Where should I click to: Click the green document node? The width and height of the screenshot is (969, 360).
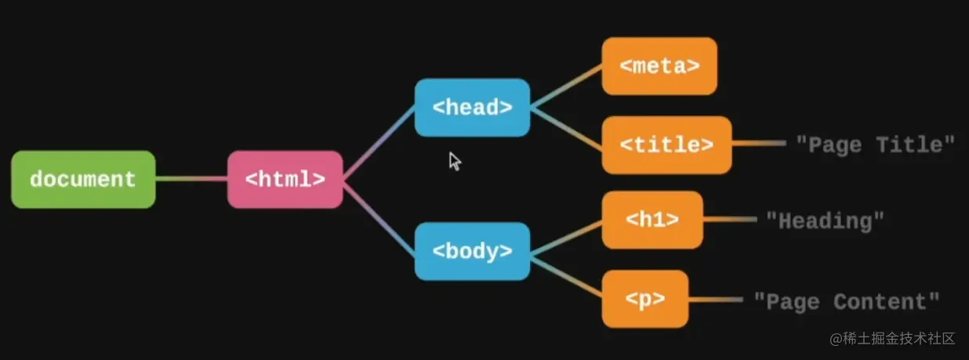[x=83, y=180]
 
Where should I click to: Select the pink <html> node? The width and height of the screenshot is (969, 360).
[x=285, y=180]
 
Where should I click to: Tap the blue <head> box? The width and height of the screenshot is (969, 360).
[x=472, y=107]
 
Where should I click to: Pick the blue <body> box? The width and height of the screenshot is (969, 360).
[x=472, y=251]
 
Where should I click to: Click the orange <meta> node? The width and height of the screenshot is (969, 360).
[x=659, y=66]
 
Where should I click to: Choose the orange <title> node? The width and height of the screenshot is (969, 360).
[x=666, y=145]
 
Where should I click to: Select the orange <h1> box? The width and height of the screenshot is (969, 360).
[x=652, y=220]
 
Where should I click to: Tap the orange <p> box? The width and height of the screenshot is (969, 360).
[x=645, y=299]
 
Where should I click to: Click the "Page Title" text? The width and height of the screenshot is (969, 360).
[x=875, y=144]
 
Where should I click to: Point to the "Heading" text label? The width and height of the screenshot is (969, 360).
[x=825, y=220]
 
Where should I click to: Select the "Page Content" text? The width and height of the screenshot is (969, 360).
[x=846, y=301]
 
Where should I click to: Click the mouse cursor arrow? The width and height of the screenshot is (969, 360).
[x=454, y=161]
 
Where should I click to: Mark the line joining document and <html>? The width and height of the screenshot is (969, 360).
[x=191, y=179]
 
